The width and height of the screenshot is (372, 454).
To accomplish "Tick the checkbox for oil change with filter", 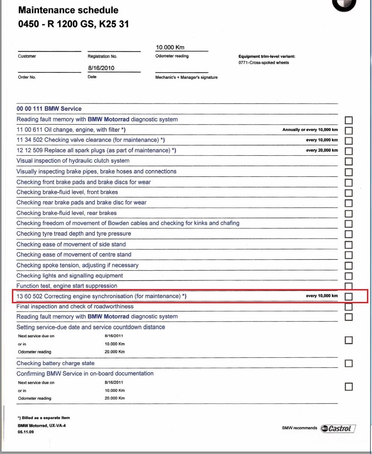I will [x=349, y=131].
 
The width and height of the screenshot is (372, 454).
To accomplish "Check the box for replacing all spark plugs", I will [x=349, y=151].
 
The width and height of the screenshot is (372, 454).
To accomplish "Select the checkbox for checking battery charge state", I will [x=349, y=364].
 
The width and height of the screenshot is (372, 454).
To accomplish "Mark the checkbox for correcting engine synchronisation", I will [x=349, y=296].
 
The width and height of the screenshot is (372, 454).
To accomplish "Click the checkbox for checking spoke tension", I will [x=349, y=266].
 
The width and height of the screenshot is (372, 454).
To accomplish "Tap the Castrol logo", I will [x=338, y=428].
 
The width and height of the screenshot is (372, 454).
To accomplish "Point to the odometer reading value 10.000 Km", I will [x=170, y=47].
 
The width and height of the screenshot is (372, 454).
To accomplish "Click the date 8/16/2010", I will [x=101, y=68].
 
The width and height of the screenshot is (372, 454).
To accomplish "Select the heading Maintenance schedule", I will [x=68, y=10].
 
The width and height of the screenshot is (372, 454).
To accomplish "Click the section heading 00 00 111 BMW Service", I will [x=49, y=109].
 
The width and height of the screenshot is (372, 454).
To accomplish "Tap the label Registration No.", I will [x=102, y=56].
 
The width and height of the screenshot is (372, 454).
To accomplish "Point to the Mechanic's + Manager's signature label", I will [x=186, y=77].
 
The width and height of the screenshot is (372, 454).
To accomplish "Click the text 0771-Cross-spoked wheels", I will [x=263, y=63].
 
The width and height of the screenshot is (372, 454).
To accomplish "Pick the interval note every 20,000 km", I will [x=322, y=150].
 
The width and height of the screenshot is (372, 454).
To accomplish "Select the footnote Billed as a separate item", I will [x=44, y=418].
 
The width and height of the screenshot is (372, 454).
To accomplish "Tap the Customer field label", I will [x=27, y=56].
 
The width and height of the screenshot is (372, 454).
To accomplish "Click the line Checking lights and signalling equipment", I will [x=70, y=276].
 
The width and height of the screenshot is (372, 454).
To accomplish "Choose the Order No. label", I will [x=27, y=77].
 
